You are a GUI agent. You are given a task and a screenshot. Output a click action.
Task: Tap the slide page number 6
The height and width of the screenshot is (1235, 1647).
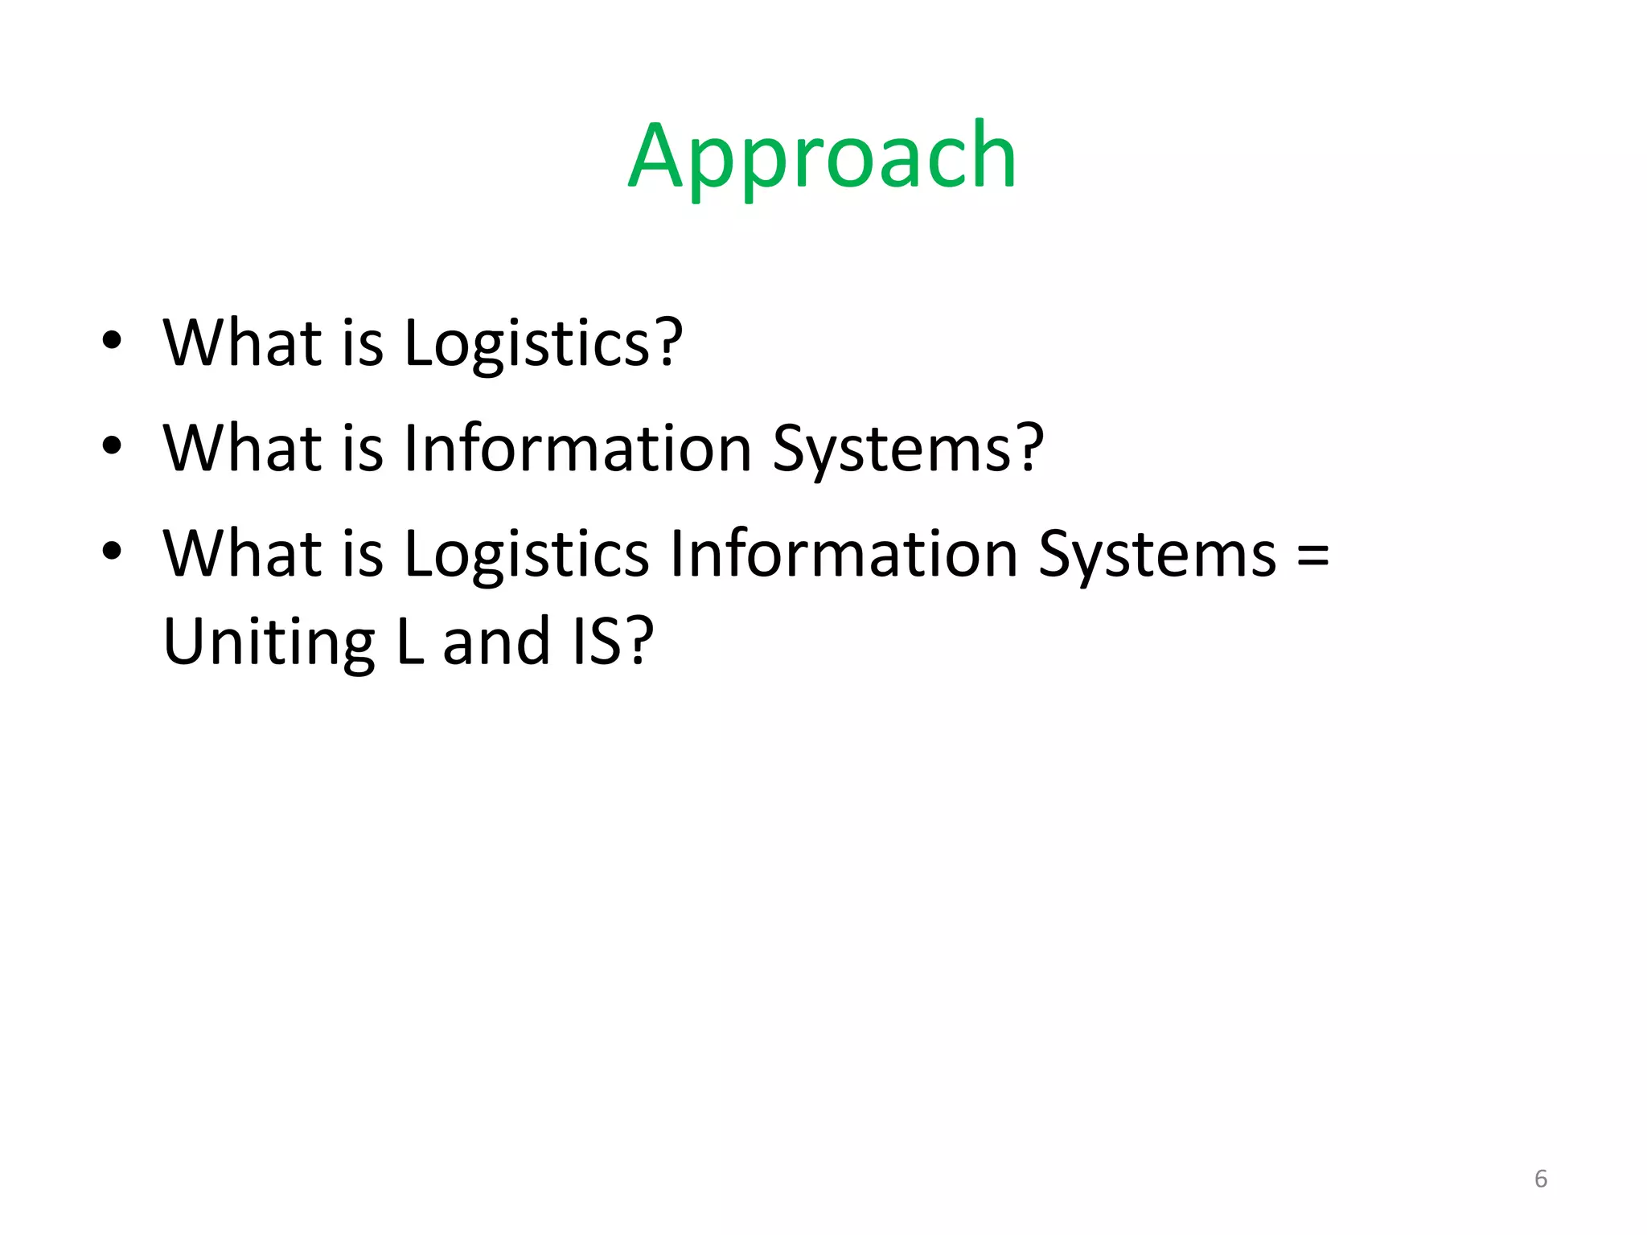coord(1540,1179)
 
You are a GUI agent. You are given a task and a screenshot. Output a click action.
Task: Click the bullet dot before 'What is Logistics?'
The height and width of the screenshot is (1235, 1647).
coord(112,340)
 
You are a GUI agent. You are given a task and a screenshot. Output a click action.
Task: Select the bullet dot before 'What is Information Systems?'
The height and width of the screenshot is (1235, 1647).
coord(112,445)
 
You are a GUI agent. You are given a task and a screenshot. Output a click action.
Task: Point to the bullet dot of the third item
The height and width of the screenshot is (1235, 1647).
coord(112,552)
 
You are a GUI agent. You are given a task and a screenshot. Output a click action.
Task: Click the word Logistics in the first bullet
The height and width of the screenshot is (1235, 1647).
coord(527,343)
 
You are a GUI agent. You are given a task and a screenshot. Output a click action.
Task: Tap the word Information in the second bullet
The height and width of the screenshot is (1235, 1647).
coord(577,448)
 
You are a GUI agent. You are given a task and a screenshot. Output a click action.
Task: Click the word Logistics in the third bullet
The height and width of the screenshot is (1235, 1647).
coord(527,554)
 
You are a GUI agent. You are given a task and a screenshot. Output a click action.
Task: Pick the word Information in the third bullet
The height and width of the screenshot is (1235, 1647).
coord(844,554)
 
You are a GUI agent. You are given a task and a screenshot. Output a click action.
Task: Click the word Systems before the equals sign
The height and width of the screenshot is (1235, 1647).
coord(1157,556)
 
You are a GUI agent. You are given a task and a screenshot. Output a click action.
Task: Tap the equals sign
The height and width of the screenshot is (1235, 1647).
coord(1312,556)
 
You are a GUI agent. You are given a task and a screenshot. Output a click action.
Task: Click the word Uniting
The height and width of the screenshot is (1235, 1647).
coord(269,642)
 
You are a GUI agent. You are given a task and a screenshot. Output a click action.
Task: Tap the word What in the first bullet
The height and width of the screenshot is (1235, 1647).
coord(242,343)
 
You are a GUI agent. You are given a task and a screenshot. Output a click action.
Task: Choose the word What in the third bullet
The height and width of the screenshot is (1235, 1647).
coord(242,554)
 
